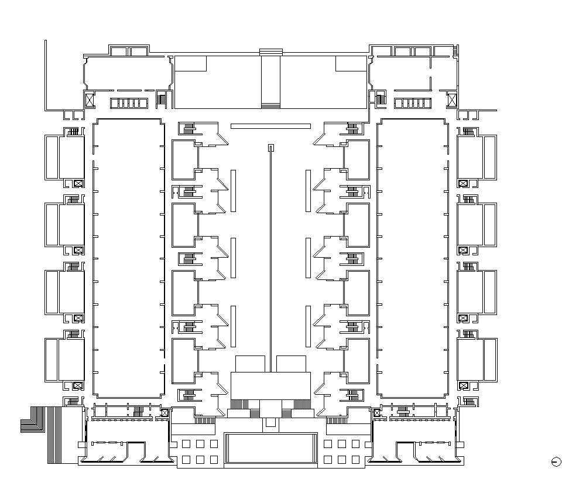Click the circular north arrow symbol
[x=556, y=462]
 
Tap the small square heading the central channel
[x=270, y=148]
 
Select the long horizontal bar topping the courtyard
[x=270, y=126]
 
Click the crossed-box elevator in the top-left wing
[x=89, y=100]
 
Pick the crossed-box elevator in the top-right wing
[x=452, y=100]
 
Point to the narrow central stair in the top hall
[x=270, y=81]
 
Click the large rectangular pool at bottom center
[x=270, y=448]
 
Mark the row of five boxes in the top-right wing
[x=413, y=103]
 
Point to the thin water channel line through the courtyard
[x=270, y=252]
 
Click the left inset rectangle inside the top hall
[x=191, y=64]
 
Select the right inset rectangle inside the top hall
[x=351, y=64]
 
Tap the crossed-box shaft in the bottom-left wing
[x=165, y=413]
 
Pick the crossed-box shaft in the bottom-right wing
[x=376, y=413]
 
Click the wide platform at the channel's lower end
[x=270, y=385]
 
